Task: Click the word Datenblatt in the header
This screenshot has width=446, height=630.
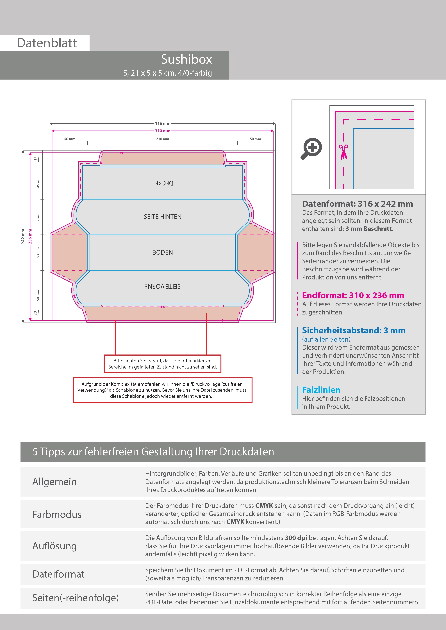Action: (x=47, y=43)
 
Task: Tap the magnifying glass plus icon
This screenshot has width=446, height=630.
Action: (x=311, y=149)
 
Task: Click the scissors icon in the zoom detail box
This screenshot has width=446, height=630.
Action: (x=343, y=152)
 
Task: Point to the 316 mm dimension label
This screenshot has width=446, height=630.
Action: (x=163, y=124)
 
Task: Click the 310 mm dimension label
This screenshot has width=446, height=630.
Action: (x=163, y=131)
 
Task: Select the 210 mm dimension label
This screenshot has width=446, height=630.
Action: (x=163, y=139)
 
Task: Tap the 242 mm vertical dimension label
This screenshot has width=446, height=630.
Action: (x=23, y=236)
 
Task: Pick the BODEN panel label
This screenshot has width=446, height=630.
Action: (x=163, y=253)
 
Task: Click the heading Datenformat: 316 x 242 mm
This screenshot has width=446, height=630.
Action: (x=358, y=204)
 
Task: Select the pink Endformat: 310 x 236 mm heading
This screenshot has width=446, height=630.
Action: (x=353, y=296)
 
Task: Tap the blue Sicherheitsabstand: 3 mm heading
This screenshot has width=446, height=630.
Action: (x=354, y=330)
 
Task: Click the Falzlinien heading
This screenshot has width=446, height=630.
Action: (x=321, y=390)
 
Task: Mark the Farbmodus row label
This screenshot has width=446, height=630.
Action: (x=57, y=515)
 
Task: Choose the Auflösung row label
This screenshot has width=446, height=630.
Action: (x=54, y=546)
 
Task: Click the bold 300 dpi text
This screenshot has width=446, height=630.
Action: (x=296, y=538)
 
